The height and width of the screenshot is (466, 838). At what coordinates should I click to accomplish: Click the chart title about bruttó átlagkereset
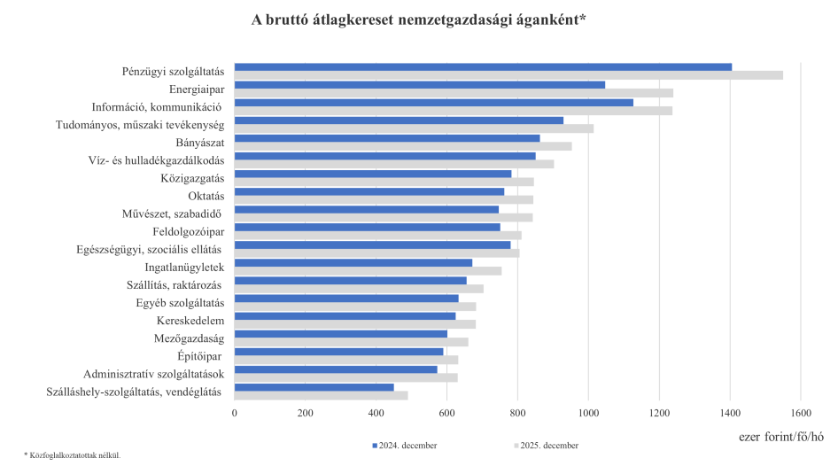(x=419, y=19)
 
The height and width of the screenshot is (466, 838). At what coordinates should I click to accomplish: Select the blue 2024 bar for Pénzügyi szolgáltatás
(x=483, y=66)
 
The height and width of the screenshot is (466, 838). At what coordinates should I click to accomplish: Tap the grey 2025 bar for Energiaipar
(x=454, y=93)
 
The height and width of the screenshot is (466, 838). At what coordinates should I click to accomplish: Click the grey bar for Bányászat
(x=403, y=146)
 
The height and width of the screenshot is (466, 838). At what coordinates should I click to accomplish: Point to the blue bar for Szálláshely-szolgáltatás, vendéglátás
(x=314, y=386)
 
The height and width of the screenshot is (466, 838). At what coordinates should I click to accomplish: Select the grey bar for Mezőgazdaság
(x=351, y=342)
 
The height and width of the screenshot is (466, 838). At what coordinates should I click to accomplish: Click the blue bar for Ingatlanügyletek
(x=353, y=262)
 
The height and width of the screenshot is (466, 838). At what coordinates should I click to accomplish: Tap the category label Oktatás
(x=206, y=196)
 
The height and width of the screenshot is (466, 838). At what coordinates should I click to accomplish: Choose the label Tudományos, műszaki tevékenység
(x=140, y=125)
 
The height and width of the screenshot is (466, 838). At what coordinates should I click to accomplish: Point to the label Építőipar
(x=201, y=356)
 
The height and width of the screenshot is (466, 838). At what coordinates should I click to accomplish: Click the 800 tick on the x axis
(x=517, y=413)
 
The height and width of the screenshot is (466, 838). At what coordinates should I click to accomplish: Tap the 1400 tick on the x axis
(x=729, y=413)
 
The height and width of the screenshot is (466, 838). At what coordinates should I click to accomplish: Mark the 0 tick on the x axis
(x=235, y=413)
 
